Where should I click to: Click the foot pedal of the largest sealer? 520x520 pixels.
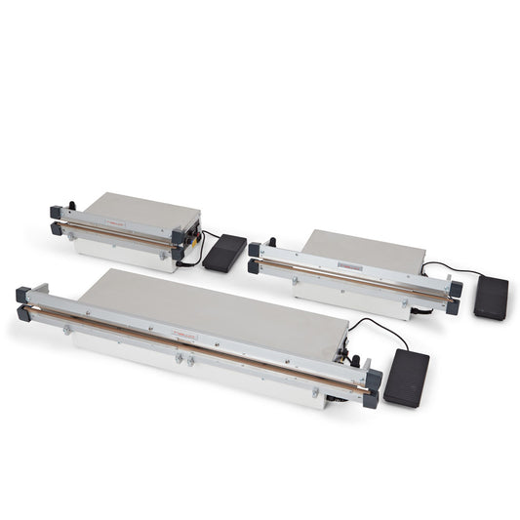pos(406,377)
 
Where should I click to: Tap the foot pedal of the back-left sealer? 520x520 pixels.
pos(223,252)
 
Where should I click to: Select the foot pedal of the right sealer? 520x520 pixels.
pos(491,298)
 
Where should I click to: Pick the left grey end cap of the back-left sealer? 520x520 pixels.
pos(56,220)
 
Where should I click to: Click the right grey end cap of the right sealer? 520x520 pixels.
pos(454,297)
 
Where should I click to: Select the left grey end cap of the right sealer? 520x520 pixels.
pos(255,257)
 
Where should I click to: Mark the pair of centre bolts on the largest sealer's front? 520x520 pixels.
pos(183,359)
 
